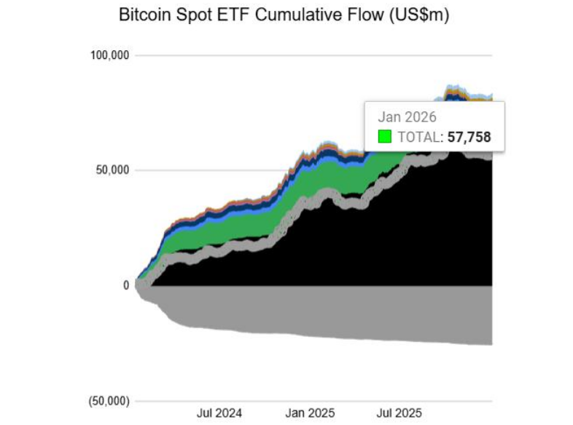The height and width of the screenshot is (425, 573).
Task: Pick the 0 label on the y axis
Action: (x=125, y=285)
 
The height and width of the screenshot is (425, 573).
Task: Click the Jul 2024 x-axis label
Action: (x=219, y=413)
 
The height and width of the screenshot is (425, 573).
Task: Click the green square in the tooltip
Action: (x=385, y=136)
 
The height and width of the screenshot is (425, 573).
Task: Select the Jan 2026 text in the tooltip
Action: (x=407, y=116)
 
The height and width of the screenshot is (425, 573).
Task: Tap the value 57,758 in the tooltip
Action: (x=469, y=136)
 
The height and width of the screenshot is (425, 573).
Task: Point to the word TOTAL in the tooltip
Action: (x=420, y=136)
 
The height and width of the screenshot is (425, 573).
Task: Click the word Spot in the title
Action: (x=192, y=16)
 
